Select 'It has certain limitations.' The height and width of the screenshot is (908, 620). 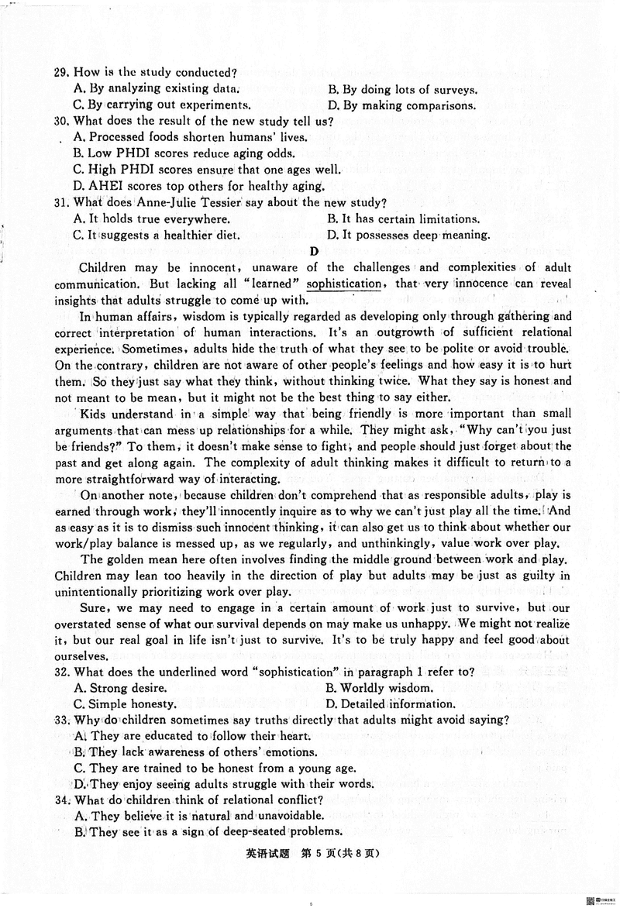click(x=403, y=218)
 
